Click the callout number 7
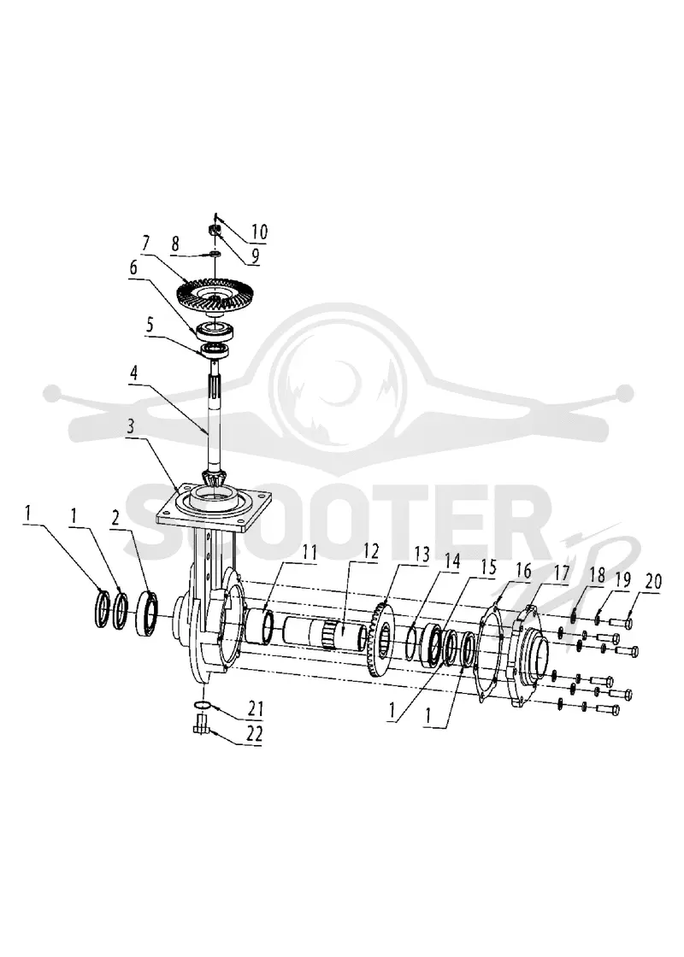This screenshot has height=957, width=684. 145,243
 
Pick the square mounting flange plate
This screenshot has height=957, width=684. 210,508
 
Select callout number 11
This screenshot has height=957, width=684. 310,554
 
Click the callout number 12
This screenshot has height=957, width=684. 371,551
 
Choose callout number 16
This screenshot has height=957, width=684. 523,570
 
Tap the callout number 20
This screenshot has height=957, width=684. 653,581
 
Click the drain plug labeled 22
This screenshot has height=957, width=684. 201,726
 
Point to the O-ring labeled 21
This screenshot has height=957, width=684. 203,706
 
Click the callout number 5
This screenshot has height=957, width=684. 149,325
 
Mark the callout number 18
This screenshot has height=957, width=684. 598,575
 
